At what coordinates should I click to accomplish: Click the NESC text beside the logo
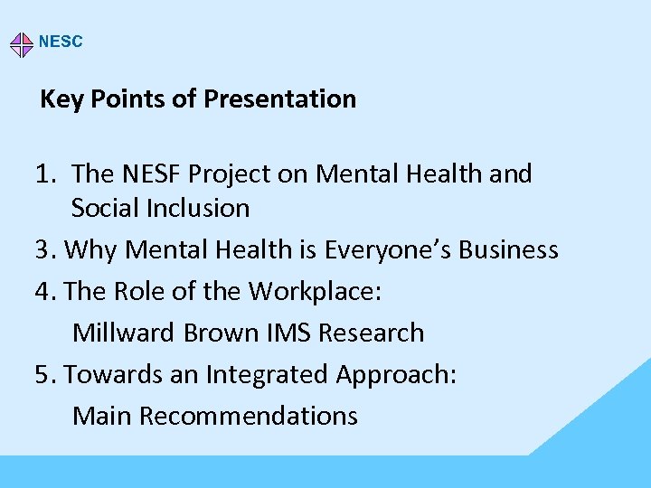tap(61, 42)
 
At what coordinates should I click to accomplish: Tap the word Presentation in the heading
tap(279, 99)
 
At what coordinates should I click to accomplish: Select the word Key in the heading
tap(61, 99)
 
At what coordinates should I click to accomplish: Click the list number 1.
tap(48, 173)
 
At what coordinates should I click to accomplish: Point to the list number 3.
tap(45, 249)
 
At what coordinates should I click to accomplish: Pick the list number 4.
tap(46, 291)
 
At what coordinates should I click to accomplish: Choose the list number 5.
tap(46, 374)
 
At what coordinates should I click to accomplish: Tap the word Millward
tap(124, 333)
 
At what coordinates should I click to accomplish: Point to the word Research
tap(373, 333)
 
